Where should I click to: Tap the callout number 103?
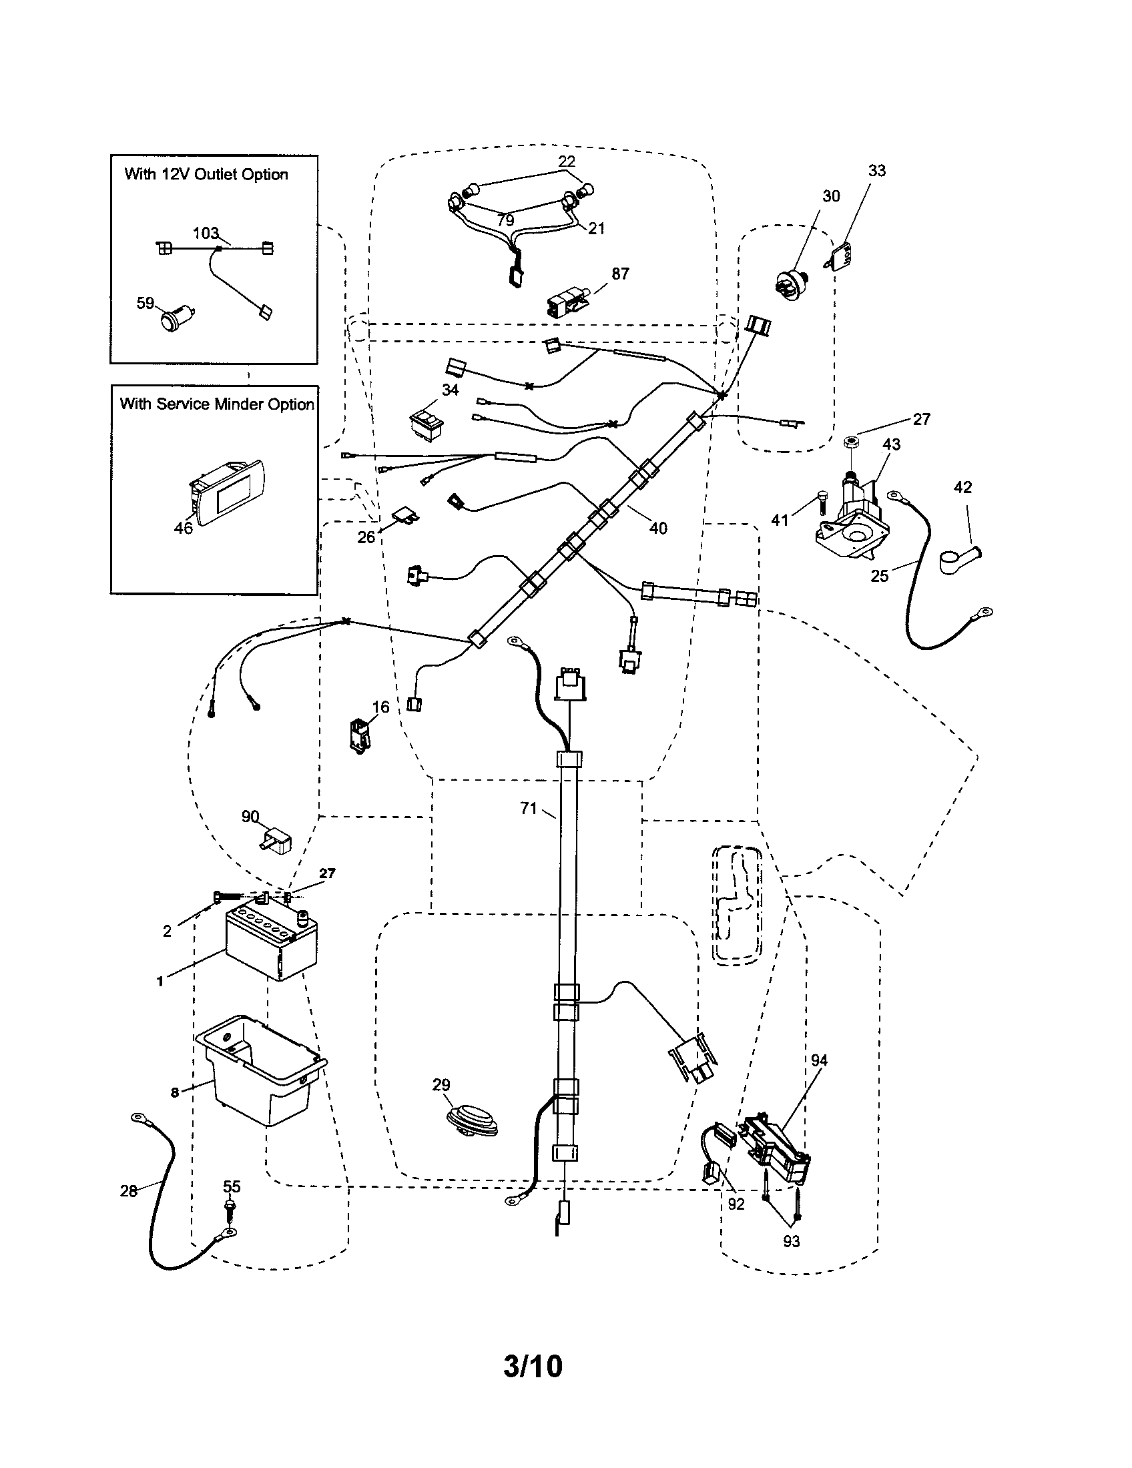[206, 234]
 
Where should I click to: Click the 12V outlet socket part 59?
[178, 316]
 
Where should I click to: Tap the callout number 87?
[620, 274]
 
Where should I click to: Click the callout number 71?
[529, 808]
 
